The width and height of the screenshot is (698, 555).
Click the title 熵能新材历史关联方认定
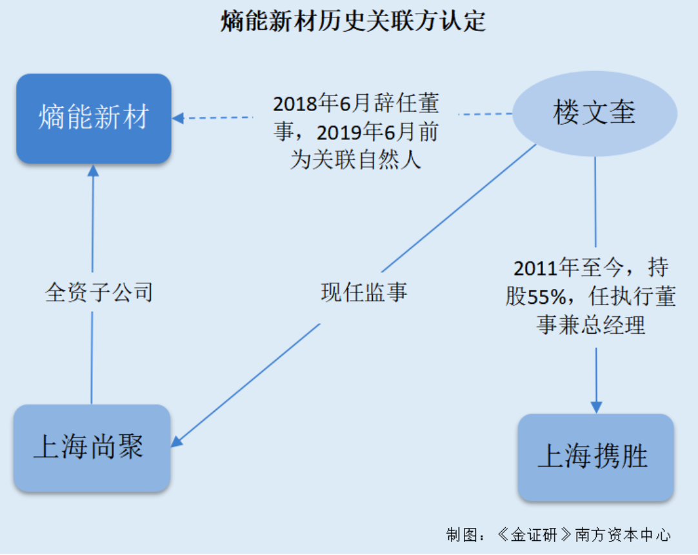353,21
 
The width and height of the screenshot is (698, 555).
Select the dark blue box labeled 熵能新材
94,119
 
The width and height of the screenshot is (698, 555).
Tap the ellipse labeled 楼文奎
595,114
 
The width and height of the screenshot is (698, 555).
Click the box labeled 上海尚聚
92,448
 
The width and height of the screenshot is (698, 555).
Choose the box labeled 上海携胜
595,458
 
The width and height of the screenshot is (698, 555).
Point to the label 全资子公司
99,292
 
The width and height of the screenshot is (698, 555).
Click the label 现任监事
364,292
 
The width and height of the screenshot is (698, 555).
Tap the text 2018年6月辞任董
355,103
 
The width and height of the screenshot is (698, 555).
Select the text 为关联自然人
355,159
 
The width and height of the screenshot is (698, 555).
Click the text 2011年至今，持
591,268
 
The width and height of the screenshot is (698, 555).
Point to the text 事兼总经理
591,324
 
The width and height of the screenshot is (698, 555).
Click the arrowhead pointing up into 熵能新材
93,170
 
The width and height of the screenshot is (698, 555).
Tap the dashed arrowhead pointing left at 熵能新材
178,118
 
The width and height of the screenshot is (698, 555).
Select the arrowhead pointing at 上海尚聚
177,441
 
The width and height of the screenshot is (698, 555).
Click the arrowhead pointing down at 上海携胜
596,407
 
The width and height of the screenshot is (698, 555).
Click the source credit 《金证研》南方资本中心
584,534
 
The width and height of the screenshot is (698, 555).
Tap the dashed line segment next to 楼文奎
485,114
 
